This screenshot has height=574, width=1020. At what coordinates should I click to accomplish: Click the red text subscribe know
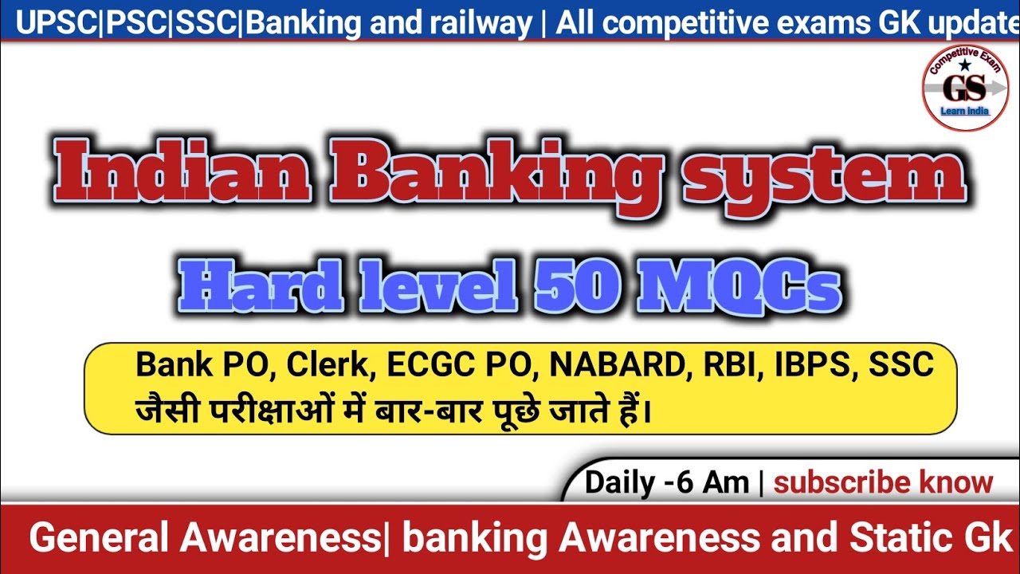tap(884, 482)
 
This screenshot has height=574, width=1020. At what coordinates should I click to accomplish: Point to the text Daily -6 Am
tap(666, 482)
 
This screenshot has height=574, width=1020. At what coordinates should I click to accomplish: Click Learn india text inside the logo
tap(965, 111)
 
